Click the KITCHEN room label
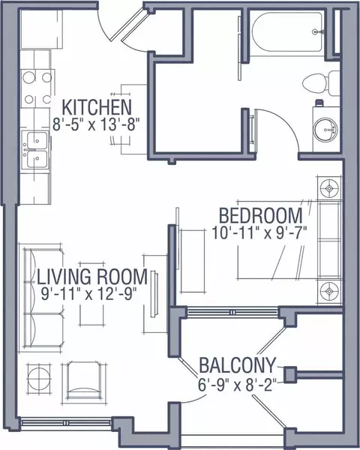pos(97,106)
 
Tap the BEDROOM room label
pos(261,215)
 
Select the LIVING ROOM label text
pos(92,276)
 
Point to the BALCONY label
pos(238,365)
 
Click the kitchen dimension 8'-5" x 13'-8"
pos(96,124)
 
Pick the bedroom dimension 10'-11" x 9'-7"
pos(259,232)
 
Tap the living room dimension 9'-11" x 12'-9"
pos(88,293)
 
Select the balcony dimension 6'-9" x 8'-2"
pos(237,384)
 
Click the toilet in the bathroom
pos(321,83)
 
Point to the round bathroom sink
pos(325,130)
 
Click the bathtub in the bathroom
pos(287,31)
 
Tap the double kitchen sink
pos(36,150)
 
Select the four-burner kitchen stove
pos(37,88)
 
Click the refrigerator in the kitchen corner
pos(42,29)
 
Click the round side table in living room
pos(39,379)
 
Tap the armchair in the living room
pos(85,382)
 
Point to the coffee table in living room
pos(91,294)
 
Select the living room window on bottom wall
pos(67,423)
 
